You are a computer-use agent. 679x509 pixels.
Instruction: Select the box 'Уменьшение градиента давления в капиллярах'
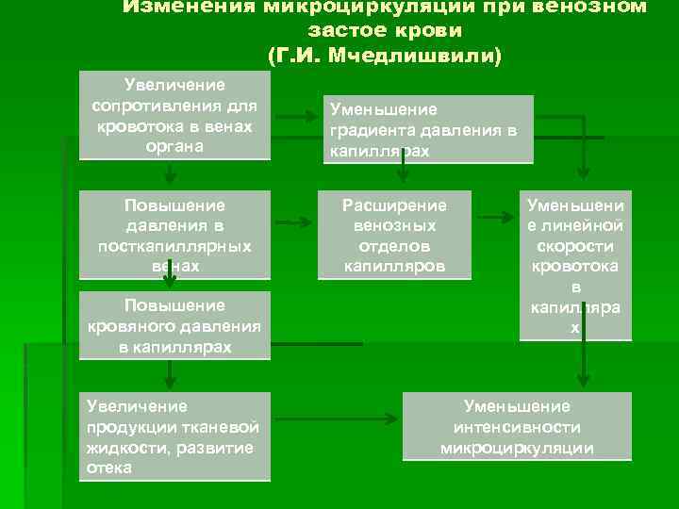[428, 129]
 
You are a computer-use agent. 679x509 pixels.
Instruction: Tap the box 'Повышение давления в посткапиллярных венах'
[174, 235]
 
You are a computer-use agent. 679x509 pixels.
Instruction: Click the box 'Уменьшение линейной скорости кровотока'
[575, 265]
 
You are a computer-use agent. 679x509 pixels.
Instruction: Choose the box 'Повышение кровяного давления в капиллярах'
[174, 326]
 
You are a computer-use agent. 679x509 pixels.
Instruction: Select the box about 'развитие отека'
[174, 436]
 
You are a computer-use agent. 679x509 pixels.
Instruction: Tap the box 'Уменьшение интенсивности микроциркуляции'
[517, 427]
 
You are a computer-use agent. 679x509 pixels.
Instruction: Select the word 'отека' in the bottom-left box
[108, 468]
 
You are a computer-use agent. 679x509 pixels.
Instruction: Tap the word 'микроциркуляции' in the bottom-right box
[517, 448]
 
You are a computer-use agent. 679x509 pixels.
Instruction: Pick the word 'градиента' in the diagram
[371, 131]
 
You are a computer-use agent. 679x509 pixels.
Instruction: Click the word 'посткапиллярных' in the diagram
[174, 246]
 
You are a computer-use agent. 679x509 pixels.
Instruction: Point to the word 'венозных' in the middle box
[394, 226]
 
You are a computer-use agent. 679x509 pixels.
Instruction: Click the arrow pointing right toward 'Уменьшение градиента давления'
[301, 118]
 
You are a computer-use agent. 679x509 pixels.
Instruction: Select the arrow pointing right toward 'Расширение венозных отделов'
[294, 223]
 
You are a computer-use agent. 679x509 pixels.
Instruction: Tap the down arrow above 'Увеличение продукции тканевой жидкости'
[169, 376]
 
